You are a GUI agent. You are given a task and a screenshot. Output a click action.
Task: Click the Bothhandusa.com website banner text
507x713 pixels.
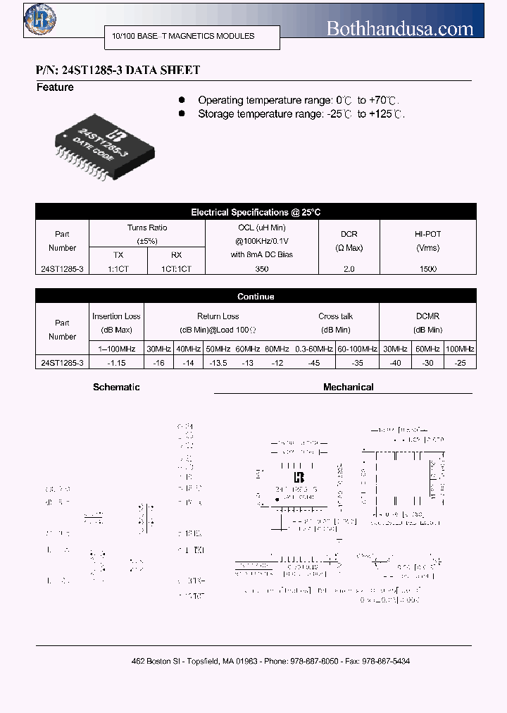click(x=399, y=29)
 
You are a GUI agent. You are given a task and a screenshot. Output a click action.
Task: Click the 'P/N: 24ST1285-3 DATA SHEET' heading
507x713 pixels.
click(x=118, y=70)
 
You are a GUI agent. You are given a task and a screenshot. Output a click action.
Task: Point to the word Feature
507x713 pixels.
click(x=55, y=87)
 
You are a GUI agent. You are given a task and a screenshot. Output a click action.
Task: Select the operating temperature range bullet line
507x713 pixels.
click(x=301, y=101)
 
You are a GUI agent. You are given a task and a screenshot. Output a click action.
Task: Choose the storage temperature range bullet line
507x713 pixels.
click(x=301, y=114)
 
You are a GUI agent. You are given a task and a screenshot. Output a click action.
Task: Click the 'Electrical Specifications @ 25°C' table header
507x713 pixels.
click(x=256, y=212)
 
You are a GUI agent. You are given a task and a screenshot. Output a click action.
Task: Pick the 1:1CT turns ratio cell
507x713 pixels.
click(x=118, y=268)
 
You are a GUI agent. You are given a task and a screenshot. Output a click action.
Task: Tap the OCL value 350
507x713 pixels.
click(x=262, y=268)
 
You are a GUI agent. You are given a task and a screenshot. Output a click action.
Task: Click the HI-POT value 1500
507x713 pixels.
click(x=427, y=268)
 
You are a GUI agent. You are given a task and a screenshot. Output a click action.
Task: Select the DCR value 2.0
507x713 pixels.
click(x=349, y=268)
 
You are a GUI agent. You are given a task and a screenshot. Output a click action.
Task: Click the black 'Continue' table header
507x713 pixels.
click(x=256, y=297)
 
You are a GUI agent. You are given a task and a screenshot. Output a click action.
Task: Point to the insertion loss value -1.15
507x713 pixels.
click(x=117, y=362)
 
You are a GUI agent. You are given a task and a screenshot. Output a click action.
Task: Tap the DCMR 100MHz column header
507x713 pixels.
click(x=460, y=349)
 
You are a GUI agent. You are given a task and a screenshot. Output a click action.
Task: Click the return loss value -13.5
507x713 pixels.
click(x=218, y=362)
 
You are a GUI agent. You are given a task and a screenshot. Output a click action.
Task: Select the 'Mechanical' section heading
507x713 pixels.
click(x=348, y=387)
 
